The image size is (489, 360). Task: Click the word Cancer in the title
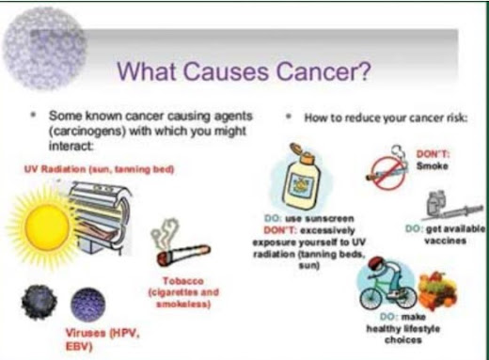tap(323, 71)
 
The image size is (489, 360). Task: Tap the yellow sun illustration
tap(46, 225)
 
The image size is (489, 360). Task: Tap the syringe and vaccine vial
tap(450, 205)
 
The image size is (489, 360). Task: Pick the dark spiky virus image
tap(39, 302)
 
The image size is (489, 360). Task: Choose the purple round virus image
tap(88, 305)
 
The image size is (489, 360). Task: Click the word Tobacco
tap(183, 281)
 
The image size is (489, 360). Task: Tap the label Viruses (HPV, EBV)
tap(103, 339)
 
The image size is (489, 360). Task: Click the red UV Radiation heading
tap(99, 169)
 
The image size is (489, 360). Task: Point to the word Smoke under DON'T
tap(432, 165)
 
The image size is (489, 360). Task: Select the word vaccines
tap(445, 241)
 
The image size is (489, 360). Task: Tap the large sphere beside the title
tap(44, 49)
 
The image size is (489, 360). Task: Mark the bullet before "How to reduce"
tap(289, 117)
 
